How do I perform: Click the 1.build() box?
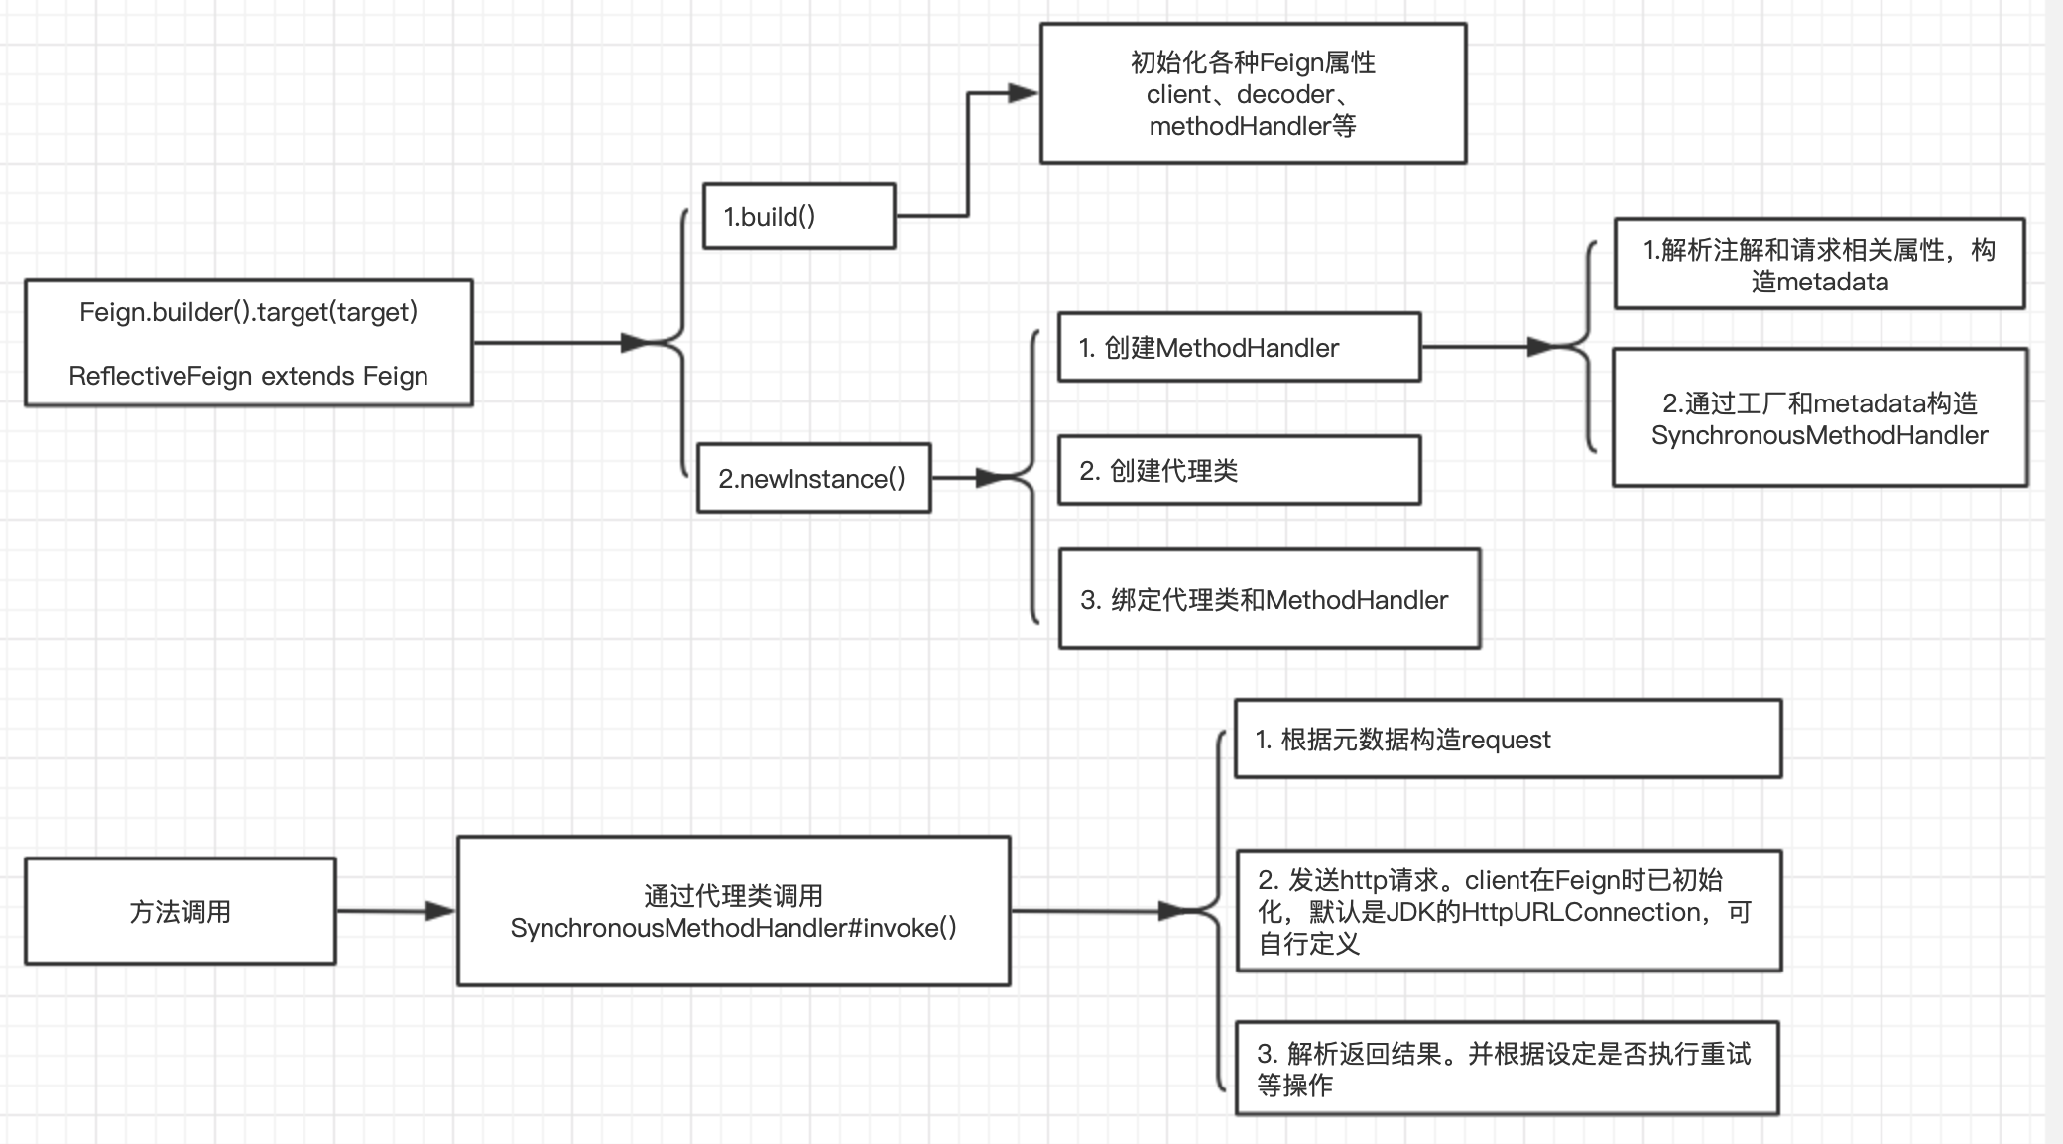(798, 216)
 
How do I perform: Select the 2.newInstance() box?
(813, 478)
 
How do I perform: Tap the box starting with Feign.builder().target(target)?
(248, 342)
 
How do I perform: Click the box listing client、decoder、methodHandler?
(1253, 93)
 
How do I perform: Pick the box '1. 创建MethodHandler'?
(1239, 347)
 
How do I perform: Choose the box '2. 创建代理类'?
(1239, 470)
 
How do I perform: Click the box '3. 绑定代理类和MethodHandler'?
(1269, 599)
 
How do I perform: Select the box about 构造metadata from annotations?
(1819, 265)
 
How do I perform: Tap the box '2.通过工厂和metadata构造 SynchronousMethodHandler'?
(1819, 417)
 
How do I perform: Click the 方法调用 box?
(180, 911)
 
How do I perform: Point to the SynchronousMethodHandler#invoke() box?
(733, 911)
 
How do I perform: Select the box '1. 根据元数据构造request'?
(1507, 739)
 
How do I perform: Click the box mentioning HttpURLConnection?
(1507, 911)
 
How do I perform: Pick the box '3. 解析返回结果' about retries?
(1507, 1069)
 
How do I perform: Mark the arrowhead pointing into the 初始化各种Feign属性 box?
(1022, 93)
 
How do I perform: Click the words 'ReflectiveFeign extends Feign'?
(248, 376)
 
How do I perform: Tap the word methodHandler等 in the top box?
(1253, 126)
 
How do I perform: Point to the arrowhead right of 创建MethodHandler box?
(1542, 347)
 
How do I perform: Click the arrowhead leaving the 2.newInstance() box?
(991, 478)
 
